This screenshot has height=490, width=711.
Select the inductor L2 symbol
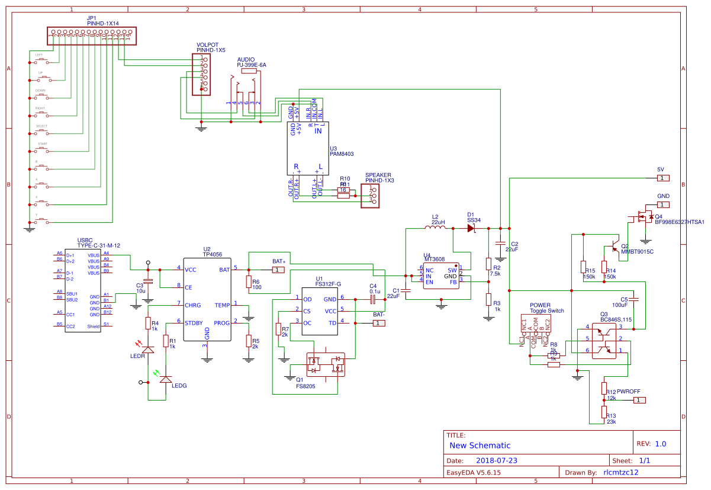[x=435, y=228]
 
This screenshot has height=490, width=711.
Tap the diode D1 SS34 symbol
[x=471, y=228]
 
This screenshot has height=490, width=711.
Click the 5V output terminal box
[x=664, y=178]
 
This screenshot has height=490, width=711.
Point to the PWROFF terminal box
[x=639, y=401]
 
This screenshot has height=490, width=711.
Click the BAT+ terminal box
[x=278, y=270]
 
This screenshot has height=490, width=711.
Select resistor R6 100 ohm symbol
[x=249, y=283]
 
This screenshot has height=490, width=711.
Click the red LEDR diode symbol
[x=147, y=348]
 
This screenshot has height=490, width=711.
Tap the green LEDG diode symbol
[x=166, y=378]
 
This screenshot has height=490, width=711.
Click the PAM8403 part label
[x=342, y=153]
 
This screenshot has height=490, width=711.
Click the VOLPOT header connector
[x=202, y=74]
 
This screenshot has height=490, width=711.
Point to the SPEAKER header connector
[x=371, y=195]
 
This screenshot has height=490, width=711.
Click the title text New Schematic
[x=480, y=446]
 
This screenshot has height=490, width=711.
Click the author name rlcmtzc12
[x=620, y=472]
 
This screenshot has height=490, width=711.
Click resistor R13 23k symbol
[x=604, y=412]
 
